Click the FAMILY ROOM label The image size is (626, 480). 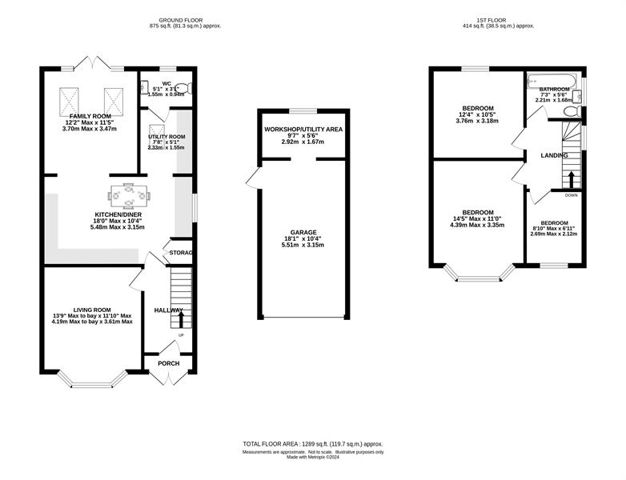coord(90,116)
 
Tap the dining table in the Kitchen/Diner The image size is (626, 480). coord(129,195)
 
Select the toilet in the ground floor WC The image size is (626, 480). coord(184,88)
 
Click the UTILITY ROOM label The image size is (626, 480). coord(167,137)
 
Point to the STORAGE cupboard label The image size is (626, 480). coord(181,253)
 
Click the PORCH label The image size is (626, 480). coord(169,363)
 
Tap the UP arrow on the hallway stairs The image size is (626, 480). coord(181,320)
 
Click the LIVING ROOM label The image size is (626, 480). coord(92,310)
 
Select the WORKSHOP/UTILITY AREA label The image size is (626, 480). coord(303,130)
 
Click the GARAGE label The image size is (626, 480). coord(303,232)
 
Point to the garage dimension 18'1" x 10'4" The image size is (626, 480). coord(303,238)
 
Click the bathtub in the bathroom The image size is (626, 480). coord(552,81)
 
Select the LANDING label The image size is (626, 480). coord(554,156)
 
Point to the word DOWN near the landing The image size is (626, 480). coord(572,195)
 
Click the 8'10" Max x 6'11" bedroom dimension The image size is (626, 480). coord(553,229)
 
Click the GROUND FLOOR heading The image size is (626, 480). coord(180,20)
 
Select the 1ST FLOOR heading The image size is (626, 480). coord(491,20)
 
